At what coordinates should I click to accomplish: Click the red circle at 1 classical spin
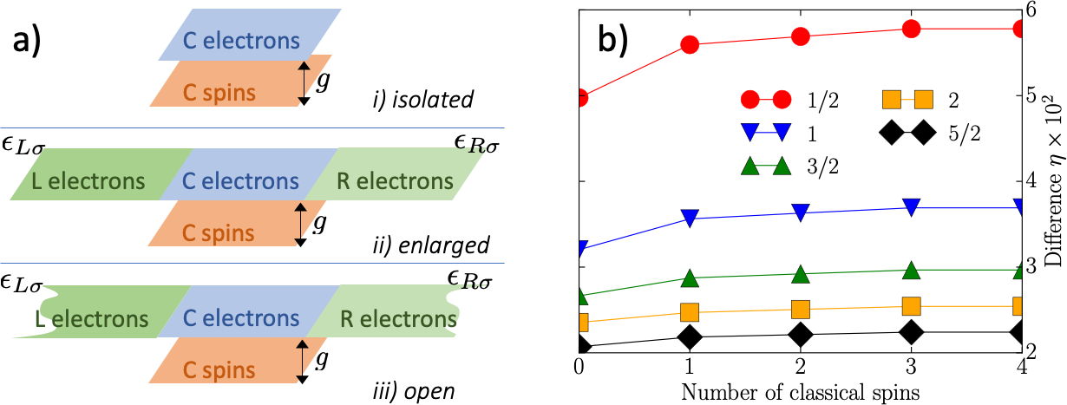tap(691, 44)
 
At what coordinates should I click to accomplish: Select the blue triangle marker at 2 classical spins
tap(801, 212)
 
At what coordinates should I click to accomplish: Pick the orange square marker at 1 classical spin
tap(691, 312)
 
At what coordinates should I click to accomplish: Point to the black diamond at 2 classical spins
tap(801, 335)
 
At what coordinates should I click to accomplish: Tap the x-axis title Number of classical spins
tap(800, 392)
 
